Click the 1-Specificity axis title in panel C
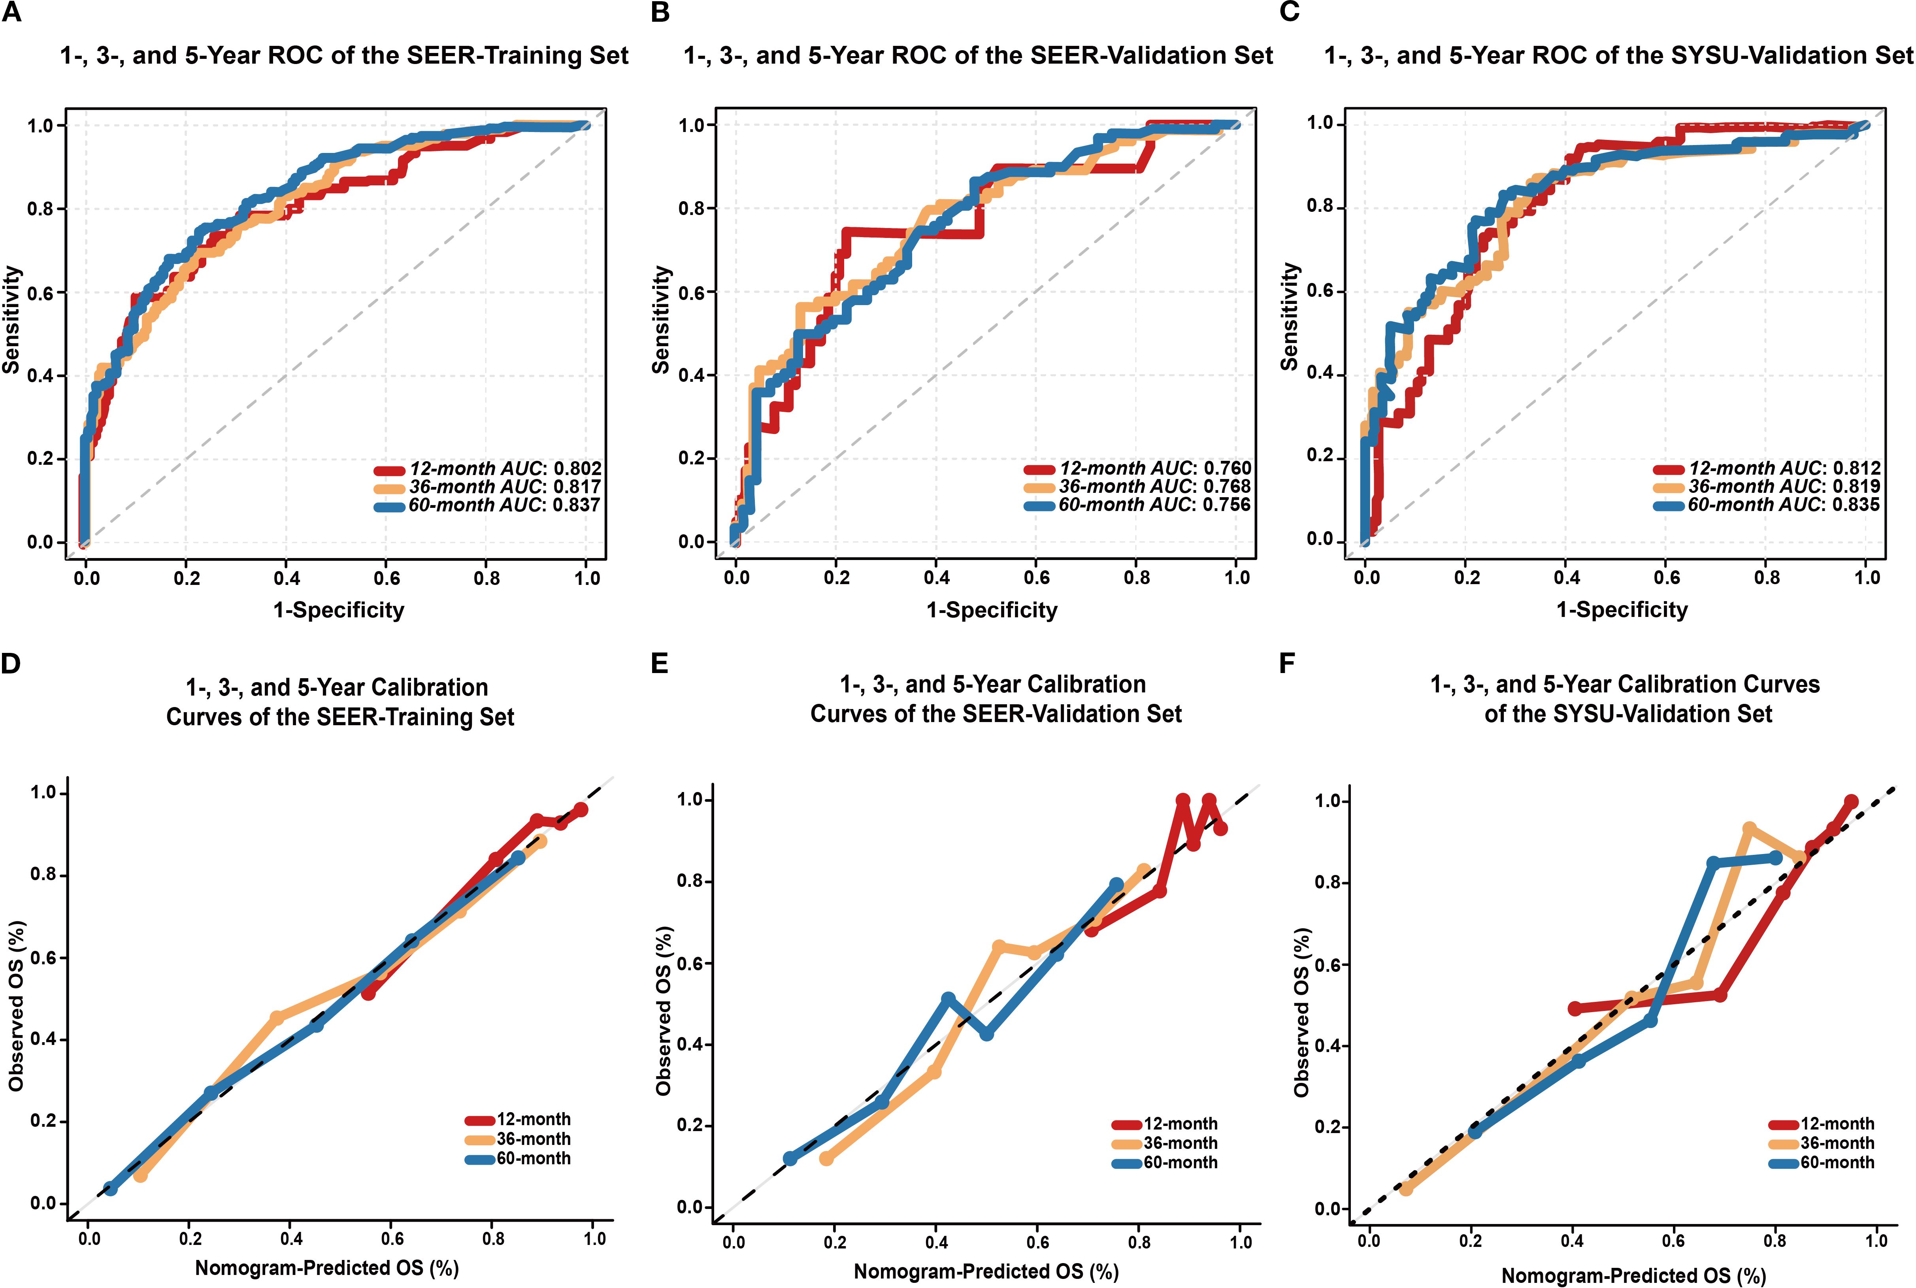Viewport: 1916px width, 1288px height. (x=1622, y=609)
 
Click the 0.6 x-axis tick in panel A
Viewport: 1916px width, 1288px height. (x=387, y=578)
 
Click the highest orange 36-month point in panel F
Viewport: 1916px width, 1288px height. (x=1749, y=829)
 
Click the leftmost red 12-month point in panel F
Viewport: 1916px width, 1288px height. (x=1575, y=1009)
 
